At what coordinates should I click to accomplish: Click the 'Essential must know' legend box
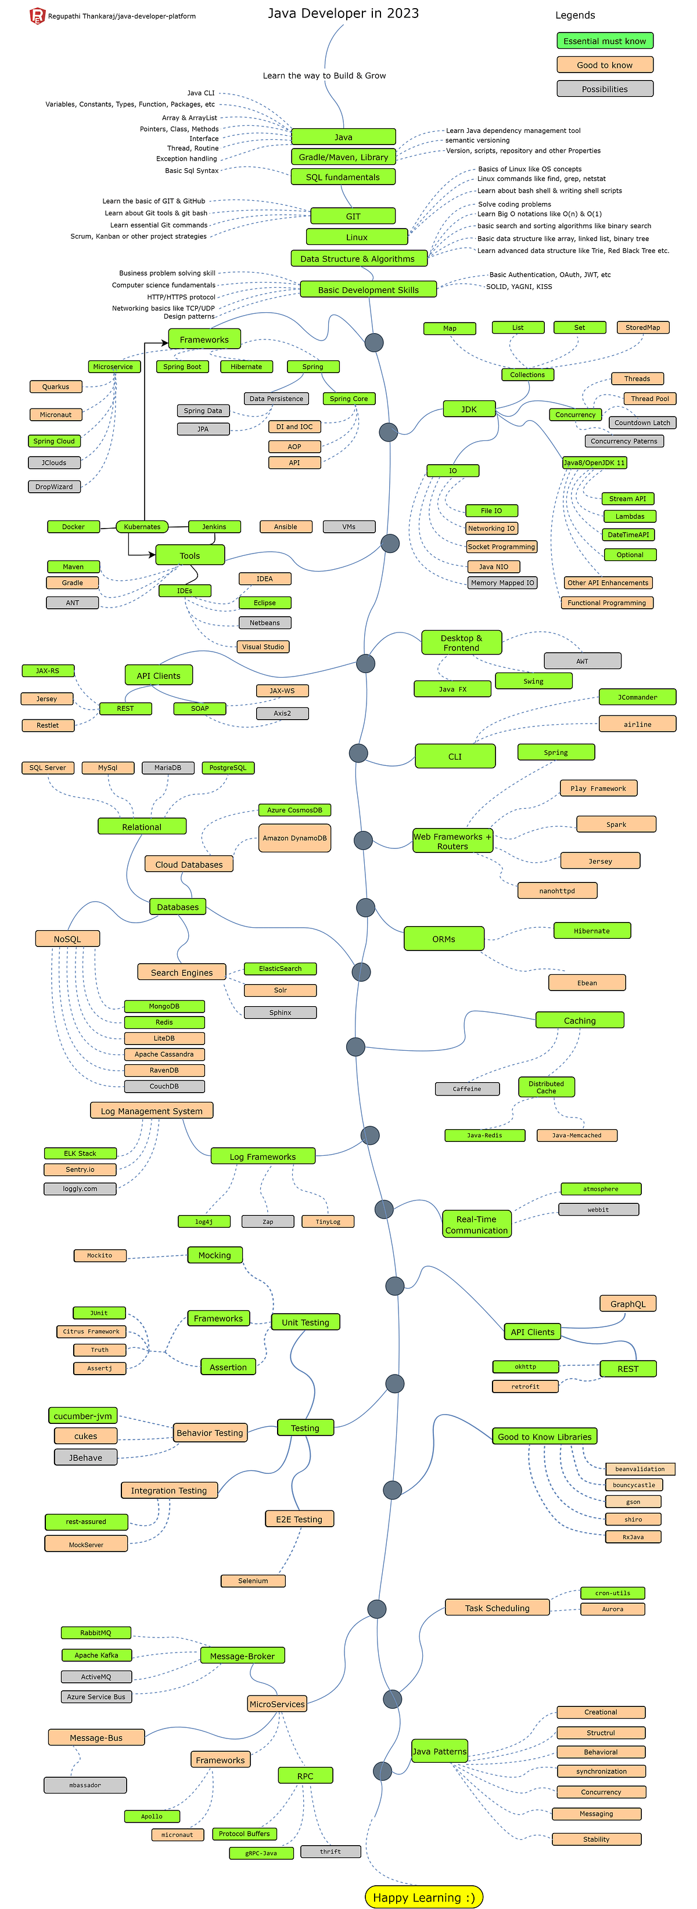click(604, 41)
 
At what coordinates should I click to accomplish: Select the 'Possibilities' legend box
click(604, 89)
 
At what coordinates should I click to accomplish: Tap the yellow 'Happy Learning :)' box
click(423, 1890)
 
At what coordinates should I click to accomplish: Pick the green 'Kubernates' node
click(142, 527)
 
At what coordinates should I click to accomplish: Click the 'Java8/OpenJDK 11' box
click(594, 462)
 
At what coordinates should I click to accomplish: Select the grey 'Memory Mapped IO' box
click(502, 583)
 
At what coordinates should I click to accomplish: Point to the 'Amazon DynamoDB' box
click(294, 838)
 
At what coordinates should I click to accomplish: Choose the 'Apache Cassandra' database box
click(164, 1054)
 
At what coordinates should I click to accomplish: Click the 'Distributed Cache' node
click(546, 1087)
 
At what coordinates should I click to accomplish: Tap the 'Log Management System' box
click(151, 1110)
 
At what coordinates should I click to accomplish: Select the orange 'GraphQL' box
click(627, 1304)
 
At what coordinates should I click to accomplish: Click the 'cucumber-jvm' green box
click(83, 1415)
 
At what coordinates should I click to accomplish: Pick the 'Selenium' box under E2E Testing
click(253, 1581)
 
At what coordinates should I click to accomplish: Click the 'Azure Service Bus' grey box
click(96, 1696)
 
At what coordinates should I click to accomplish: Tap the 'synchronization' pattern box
click(601, 1771)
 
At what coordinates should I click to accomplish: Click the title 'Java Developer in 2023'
click(343, 13)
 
